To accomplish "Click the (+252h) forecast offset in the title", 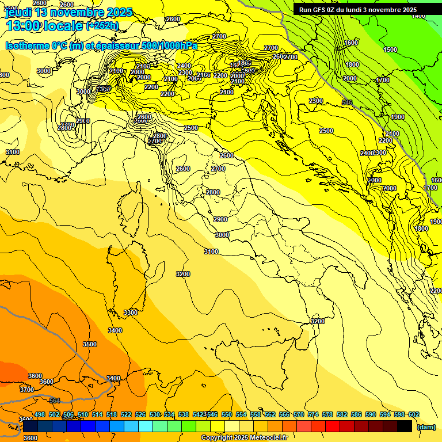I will click(x=102, y=25).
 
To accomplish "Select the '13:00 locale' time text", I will click(x=44, y=25).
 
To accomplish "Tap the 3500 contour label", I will click(x=90, y=344).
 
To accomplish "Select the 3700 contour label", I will click(x=26, y=390).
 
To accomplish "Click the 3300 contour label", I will click(x=131, y=313).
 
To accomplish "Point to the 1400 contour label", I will click(x=418, y=16).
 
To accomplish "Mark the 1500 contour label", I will click(x=390, y=50).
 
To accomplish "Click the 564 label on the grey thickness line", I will click(x=55, y=401).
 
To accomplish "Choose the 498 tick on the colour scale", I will click(x=40, y=414).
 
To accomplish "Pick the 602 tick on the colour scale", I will click(x=414, y=414).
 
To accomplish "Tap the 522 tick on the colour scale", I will click(x=126, y=414).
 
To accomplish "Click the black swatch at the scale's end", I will click(x=405, y=426).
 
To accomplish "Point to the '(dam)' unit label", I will click(x=426, y=426).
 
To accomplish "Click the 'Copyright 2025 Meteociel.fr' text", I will click(x=245, y=438).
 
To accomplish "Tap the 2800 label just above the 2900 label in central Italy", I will click(x=213, y=192).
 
